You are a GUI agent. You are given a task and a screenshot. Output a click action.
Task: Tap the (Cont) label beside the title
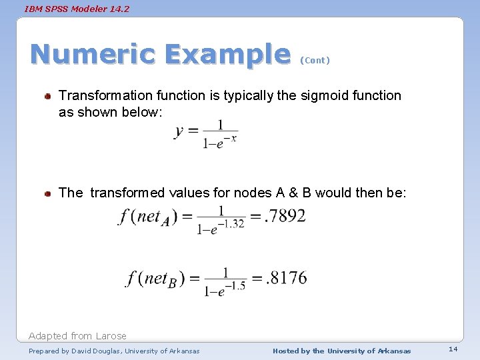click(x=315, y=60)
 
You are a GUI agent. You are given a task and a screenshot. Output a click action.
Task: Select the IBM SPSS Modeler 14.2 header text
click(x=77, y=9)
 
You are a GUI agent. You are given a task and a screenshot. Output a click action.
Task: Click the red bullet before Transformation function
click(x=49, y=97)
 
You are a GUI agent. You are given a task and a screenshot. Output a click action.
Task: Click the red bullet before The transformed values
click(x=49, y=194)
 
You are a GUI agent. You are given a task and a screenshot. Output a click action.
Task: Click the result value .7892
click(x=285, y=216)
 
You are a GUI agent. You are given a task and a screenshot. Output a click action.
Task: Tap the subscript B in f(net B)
click(x=171, y=283)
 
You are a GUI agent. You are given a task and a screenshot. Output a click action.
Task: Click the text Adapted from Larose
click(x=77, y=336)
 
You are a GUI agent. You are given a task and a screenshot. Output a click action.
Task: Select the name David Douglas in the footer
click(x=91, y=351)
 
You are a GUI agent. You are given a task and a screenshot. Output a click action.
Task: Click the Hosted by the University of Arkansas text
click(x=341, y=351)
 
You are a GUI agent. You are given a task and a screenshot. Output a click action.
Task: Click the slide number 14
click(x=453, y=349)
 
